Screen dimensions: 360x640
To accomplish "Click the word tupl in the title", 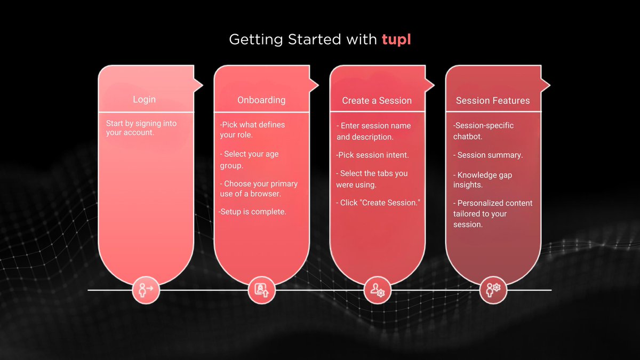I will coord(396,39).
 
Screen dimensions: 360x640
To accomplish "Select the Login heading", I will coord(145,100).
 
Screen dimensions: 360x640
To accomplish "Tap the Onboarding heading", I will coord(261,100).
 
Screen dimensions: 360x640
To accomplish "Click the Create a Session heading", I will coord(377,101).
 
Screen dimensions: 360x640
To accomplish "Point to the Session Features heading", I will coord(493,101).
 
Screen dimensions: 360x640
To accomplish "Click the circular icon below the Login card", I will coord(146,290).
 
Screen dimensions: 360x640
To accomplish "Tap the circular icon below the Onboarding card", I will coord(262,290).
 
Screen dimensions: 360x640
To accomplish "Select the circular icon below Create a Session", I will coord(378,290).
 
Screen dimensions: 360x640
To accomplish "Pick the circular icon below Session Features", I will coord(493,290).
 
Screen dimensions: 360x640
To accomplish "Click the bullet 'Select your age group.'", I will coord(250,159).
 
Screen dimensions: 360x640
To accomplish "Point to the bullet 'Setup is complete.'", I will coord(253,212).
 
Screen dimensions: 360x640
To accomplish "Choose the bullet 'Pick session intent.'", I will coord(372,155).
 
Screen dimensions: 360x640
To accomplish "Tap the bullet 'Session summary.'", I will coord(489,155).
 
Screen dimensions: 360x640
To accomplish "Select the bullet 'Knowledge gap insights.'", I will coord(483,180).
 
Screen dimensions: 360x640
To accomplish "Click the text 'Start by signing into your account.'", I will coord(141,128).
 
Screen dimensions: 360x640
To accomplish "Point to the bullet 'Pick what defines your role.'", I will coord(252,130).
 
